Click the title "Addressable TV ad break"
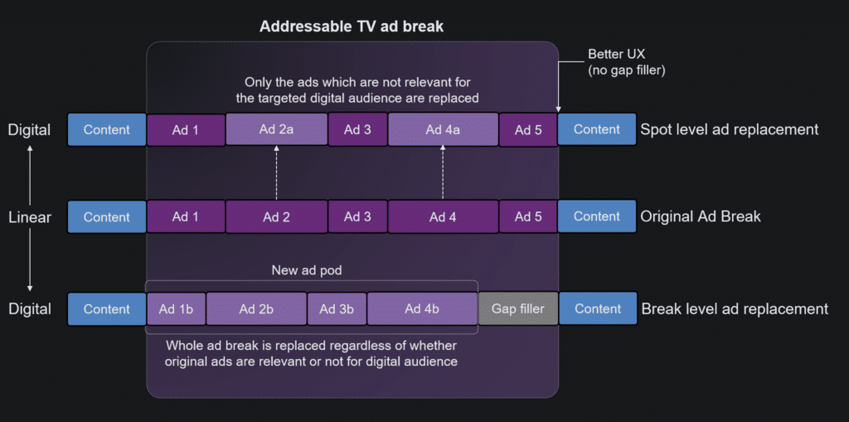pos(352,26)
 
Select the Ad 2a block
pos(277,129)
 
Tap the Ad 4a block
pos(443,129)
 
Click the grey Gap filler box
pos(517,308)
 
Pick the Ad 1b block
pos(176,308)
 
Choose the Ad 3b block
pos(337,308)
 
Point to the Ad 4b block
pos(422,308)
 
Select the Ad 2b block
pos(257,308)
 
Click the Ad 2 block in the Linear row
pos(277,217)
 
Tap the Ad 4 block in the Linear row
pos(443,217)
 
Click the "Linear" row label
pos(30,217)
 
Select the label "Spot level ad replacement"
pos(730,129)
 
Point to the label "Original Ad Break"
pos(701,216)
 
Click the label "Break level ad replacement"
pos(735,308)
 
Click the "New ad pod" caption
pos(307,270)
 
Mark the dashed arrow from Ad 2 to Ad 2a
pos(277,172)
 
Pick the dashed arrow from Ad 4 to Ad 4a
pos(443,172)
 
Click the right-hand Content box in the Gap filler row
pos(598,308)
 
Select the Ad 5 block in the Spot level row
pos(528,130)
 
